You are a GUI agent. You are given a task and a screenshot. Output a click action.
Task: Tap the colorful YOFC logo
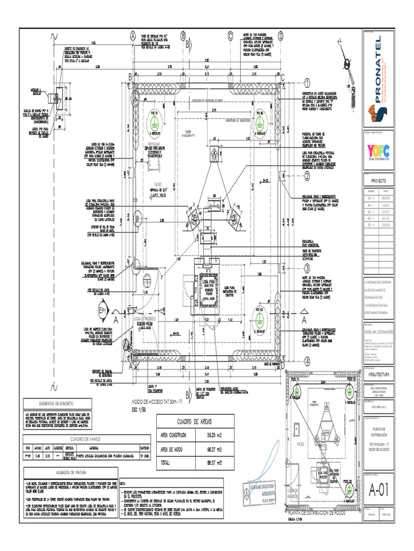click(x=379, y=151)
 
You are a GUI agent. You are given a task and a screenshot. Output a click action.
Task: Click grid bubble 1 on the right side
click(x=307, y=83)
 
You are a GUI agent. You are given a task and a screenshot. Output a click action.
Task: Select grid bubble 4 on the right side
click(x=307, y=361)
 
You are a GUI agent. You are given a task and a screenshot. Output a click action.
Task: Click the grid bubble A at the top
click(x=132, y=36)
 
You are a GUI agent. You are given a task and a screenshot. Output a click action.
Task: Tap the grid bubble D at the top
click(x=280, y=36)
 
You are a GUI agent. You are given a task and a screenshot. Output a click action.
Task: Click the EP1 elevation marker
click(x=102, y=311)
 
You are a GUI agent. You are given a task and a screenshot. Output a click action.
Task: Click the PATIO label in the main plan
click(x=158, y=184)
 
